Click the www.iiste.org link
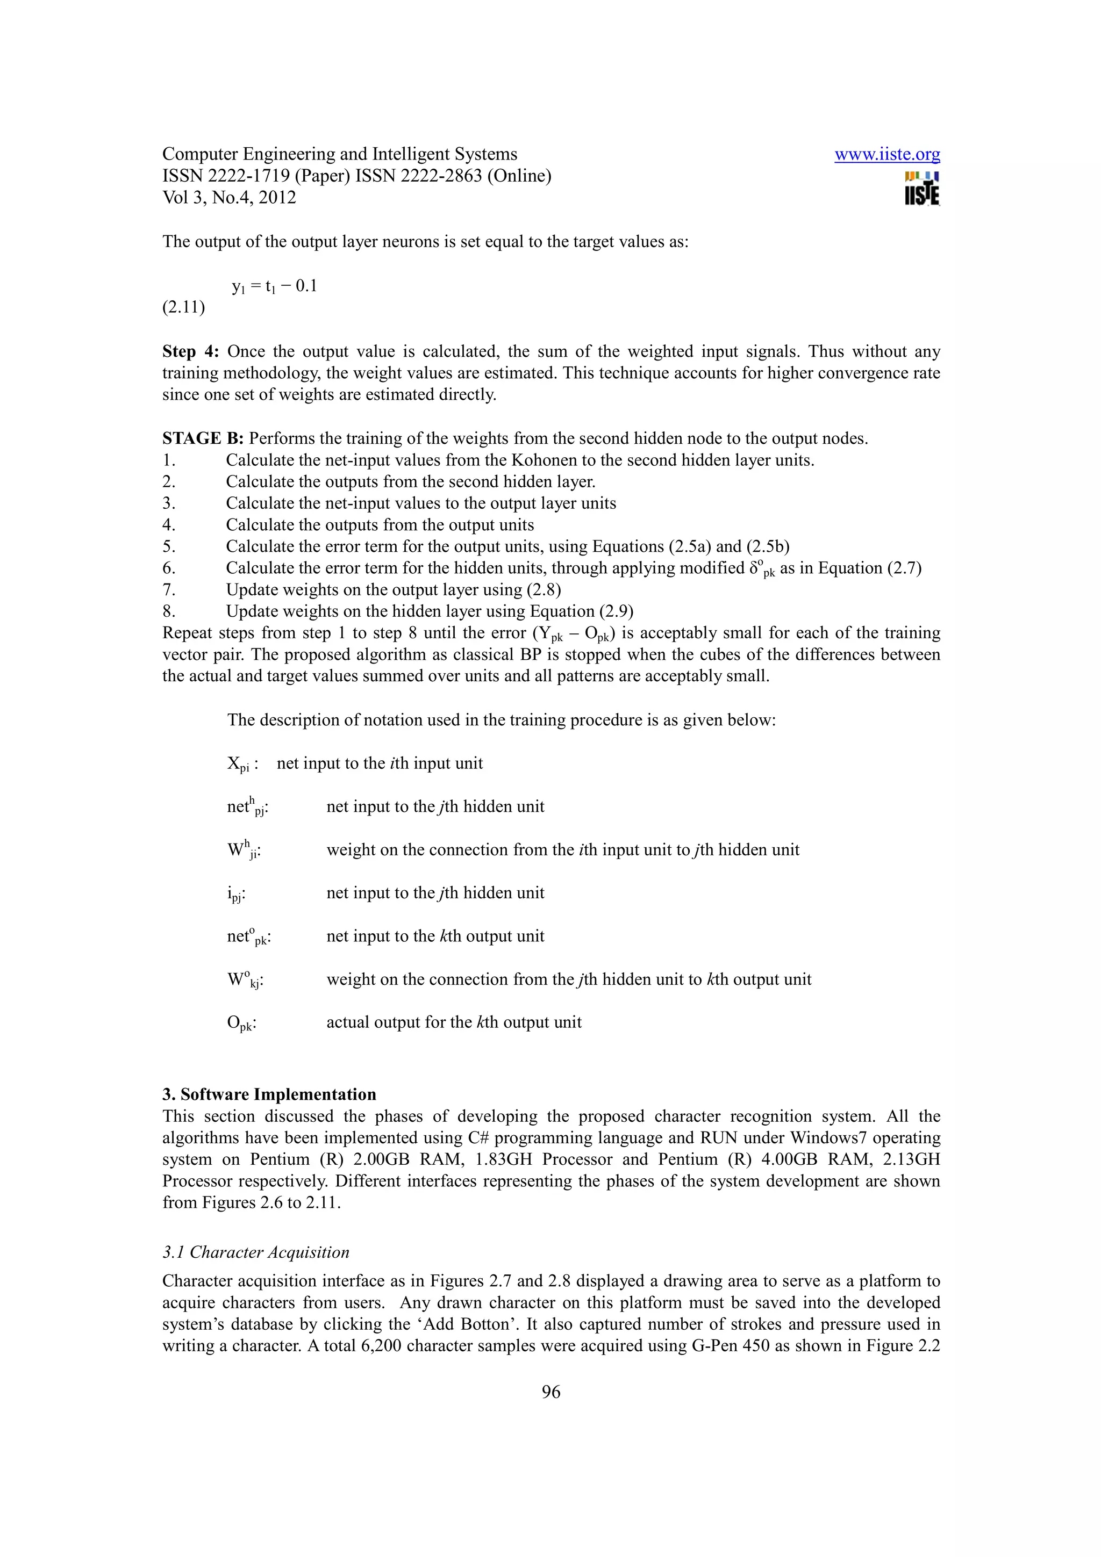click(886, 155)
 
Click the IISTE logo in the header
click(921, 189)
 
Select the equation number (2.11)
click(183, 307)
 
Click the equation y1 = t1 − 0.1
click(274, 286)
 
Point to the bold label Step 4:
click(191, 351)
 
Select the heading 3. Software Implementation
click(269, 1094)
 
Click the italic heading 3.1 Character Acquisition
click(256, 1252)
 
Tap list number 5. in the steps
click(169, 546)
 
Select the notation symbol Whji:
click(243, 850)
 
